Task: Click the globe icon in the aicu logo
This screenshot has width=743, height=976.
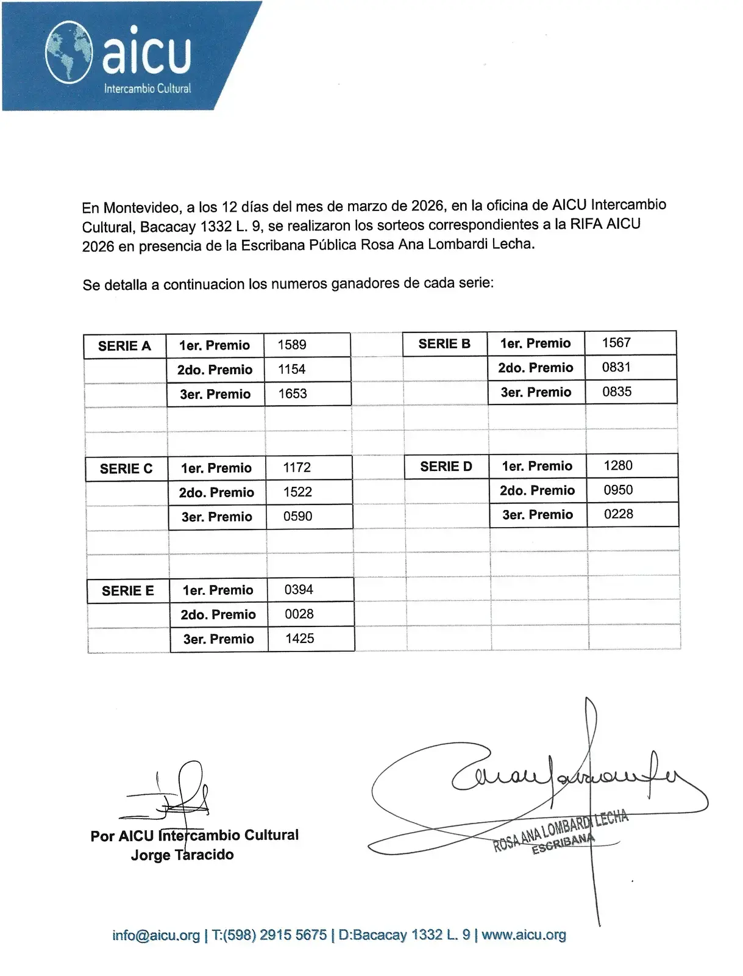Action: (69, 52)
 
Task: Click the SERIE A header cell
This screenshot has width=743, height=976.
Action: (124, 346)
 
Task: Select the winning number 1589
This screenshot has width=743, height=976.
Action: (292, 345)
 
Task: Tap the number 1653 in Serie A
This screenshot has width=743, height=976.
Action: (293, 393)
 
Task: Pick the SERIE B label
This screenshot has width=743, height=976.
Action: (444, 343)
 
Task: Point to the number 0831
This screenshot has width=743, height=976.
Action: (616, 367)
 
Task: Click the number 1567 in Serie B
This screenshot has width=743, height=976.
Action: (616, 343)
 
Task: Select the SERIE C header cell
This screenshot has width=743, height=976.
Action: (126, 468)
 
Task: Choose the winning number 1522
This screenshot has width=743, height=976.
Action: (297, 492)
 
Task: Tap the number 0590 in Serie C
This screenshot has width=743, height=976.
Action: (297, 516)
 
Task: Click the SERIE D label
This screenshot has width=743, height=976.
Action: (446, 467)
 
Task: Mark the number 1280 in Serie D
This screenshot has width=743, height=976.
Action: (618, 465)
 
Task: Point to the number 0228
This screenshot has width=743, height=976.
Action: (619, 514)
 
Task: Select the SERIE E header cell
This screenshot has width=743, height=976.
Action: (128, 590)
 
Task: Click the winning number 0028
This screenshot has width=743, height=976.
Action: (299, 614)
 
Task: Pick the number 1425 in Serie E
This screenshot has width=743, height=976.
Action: (300, 639)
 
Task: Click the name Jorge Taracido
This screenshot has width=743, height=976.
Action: (182, 855)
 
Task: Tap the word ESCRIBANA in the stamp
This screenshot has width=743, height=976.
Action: (563, 843)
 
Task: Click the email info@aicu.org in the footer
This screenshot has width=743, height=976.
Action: (156, 935)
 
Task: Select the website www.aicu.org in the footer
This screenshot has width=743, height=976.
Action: (524, 935)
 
